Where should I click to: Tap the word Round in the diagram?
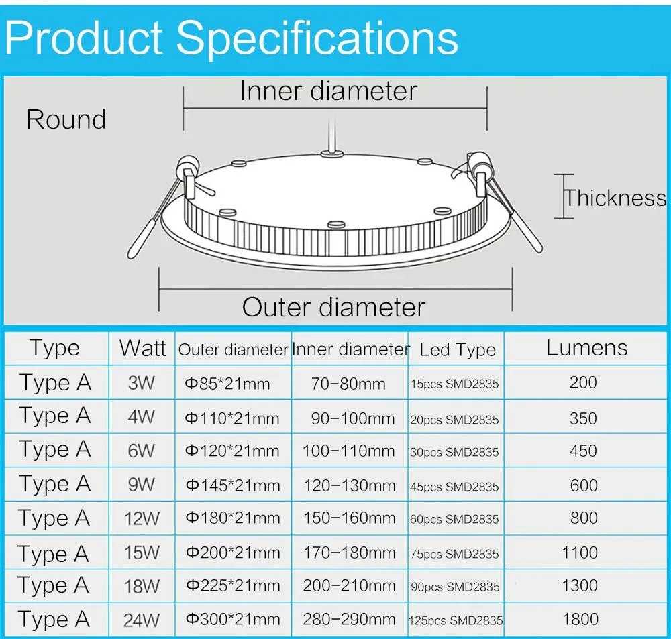[66, 120]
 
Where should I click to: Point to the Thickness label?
[615, 198]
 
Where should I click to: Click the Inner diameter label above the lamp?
[328, 91]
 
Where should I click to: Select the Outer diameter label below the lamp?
[333, 307]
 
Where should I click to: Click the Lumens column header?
[586, 347]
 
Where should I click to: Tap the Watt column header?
[142, 348]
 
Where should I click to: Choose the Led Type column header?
[457, 349]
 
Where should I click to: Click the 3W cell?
[141, 384]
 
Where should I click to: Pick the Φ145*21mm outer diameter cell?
[232, 485]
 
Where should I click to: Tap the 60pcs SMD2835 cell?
[454, 520]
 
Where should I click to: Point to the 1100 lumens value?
[580, 553]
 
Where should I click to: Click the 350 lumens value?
[582, 418]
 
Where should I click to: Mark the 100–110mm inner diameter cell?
[349, 451]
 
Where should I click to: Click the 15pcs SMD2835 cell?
[454, 385]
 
